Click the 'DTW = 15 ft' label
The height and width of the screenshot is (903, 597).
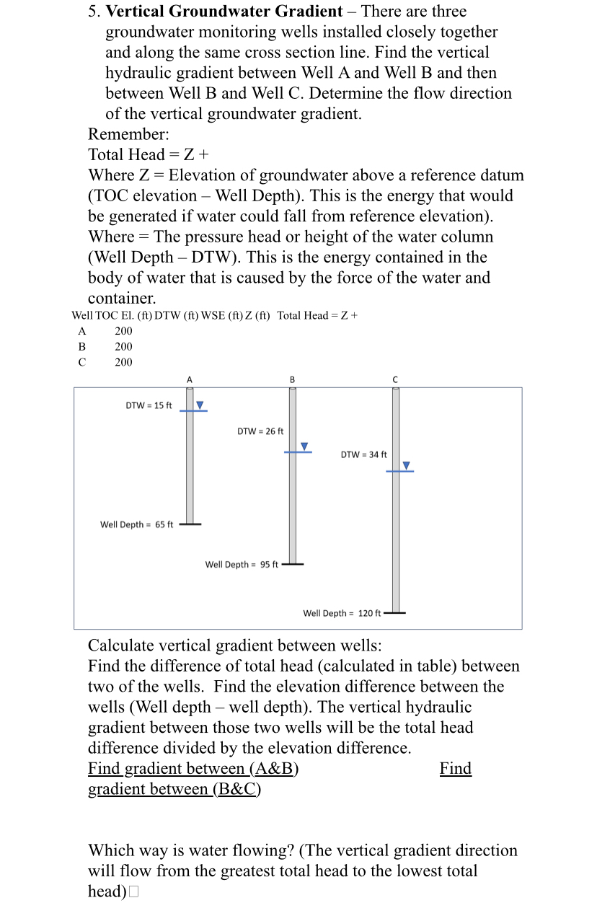pyautogui.click(x=149, y=405)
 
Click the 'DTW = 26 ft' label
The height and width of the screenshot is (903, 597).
pyautogui.click(x=260, y=431)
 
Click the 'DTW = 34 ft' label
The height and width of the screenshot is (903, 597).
pyautogui.click(x=363, y=454)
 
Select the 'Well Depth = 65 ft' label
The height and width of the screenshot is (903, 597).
pyautogui.click(x=136, y=524)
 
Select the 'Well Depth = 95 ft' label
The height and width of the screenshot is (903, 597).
pyautogui.click(x=242, y=564)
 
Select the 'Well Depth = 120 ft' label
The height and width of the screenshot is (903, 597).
pyautogui.click(x=342, y=613)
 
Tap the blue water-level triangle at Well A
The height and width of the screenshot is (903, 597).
pyautogui.click(x=200, y=405)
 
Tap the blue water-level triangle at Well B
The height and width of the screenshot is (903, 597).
pyautogui.click(x=304, y=446)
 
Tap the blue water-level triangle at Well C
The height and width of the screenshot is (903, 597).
pyautogui.click(x=407, y=466)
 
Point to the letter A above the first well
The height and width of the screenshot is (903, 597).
pyautogui.click(x=190, y=379)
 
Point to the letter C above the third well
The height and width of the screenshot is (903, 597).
pyautogui.click(x=395, y=379)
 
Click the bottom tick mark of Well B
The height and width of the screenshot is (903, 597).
pyautogui.click(x=293, y=564)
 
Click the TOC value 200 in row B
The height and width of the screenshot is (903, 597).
pyautogui.click(x=123, y=346)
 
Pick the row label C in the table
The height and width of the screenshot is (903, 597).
pyautogui.click(x=81, y=362)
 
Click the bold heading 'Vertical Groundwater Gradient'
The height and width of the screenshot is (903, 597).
pyautogui.click(x=224, y=11)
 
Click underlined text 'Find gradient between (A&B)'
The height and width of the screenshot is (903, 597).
pyautogui.click(x=193, y=769)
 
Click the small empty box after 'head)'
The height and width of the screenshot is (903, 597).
pyautogui.click(x=133, y=892)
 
